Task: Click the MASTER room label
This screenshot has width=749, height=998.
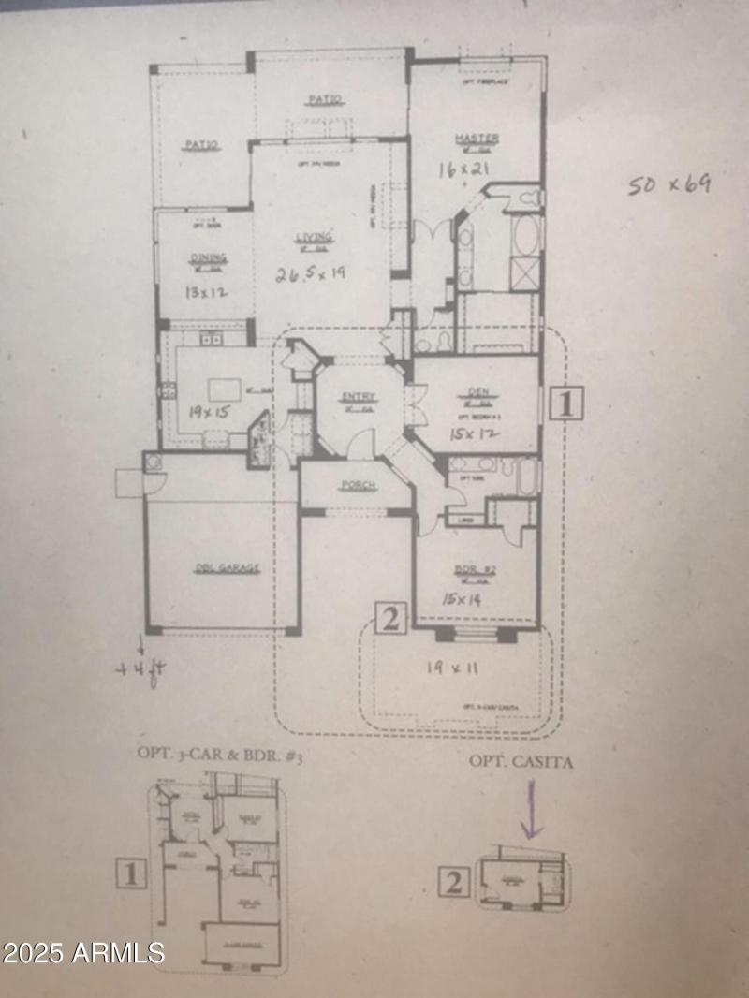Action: pos(477,139)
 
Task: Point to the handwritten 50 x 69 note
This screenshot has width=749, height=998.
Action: pos(668,183)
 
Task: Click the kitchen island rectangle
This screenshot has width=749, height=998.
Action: pos(221,387)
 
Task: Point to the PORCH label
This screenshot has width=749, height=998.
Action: pos(358,485)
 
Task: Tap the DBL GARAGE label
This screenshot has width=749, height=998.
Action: pos(220,567)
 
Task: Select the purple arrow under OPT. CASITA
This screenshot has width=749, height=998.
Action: pos(531,810)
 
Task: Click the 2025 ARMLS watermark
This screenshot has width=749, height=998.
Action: pos(83,953)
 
